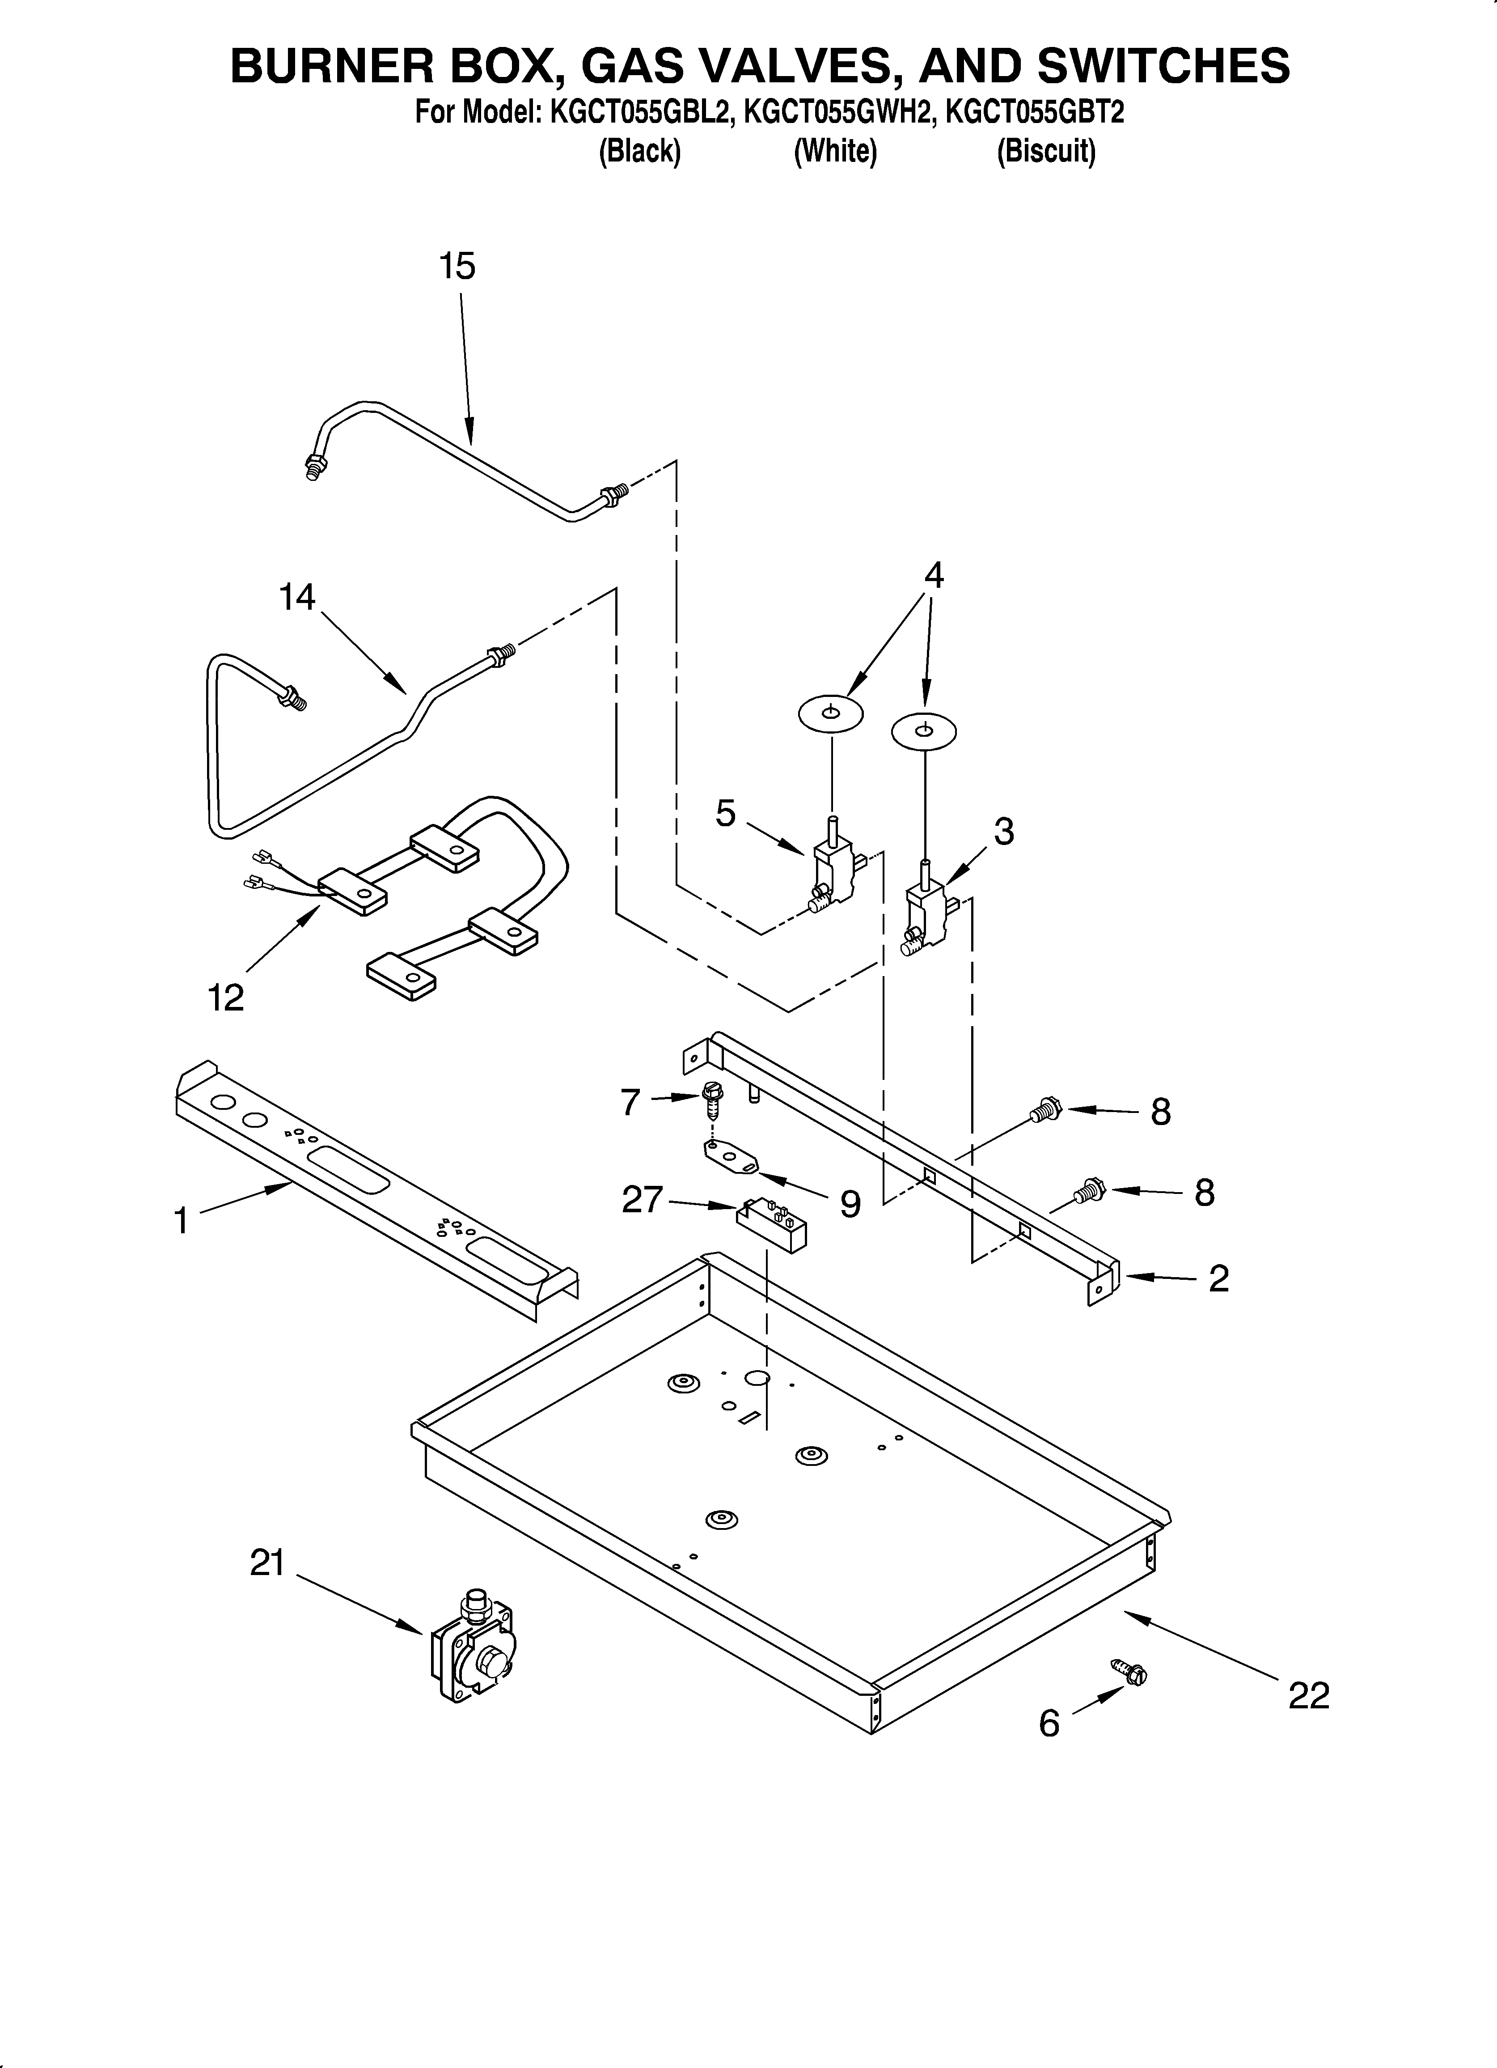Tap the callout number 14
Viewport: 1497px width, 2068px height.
point(297,597)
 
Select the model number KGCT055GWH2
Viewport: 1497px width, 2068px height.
point(840,113)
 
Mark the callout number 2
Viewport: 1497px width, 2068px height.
point(1218,1278)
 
